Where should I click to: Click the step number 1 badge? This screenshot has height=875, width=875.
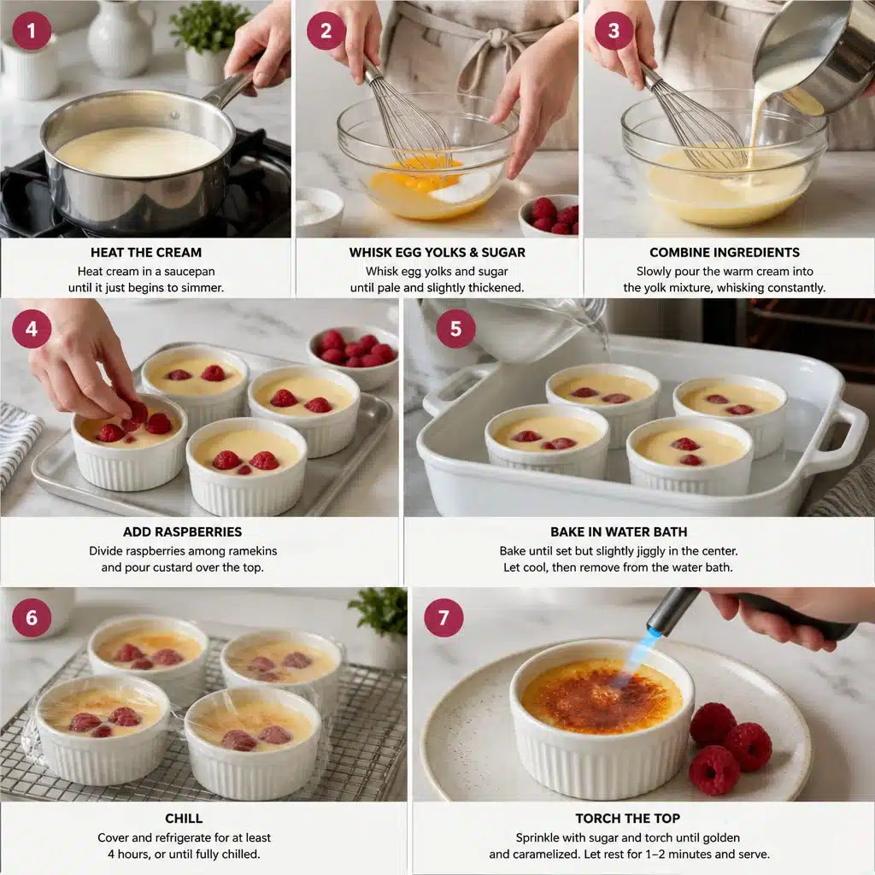32,31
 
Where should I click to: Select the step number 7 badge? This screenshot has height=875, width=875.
443,617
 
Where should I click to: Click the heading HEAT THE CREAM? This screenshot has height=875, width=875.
146,252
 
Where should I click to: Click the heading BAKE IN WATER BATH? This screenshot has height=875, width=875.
630,531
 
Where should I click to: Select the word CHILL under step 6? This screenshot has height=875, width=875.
184,818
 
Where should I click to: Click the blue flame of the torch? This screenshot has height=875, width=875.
638,655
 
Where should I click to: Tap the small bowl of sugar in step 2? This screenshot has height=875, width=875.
318,209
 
